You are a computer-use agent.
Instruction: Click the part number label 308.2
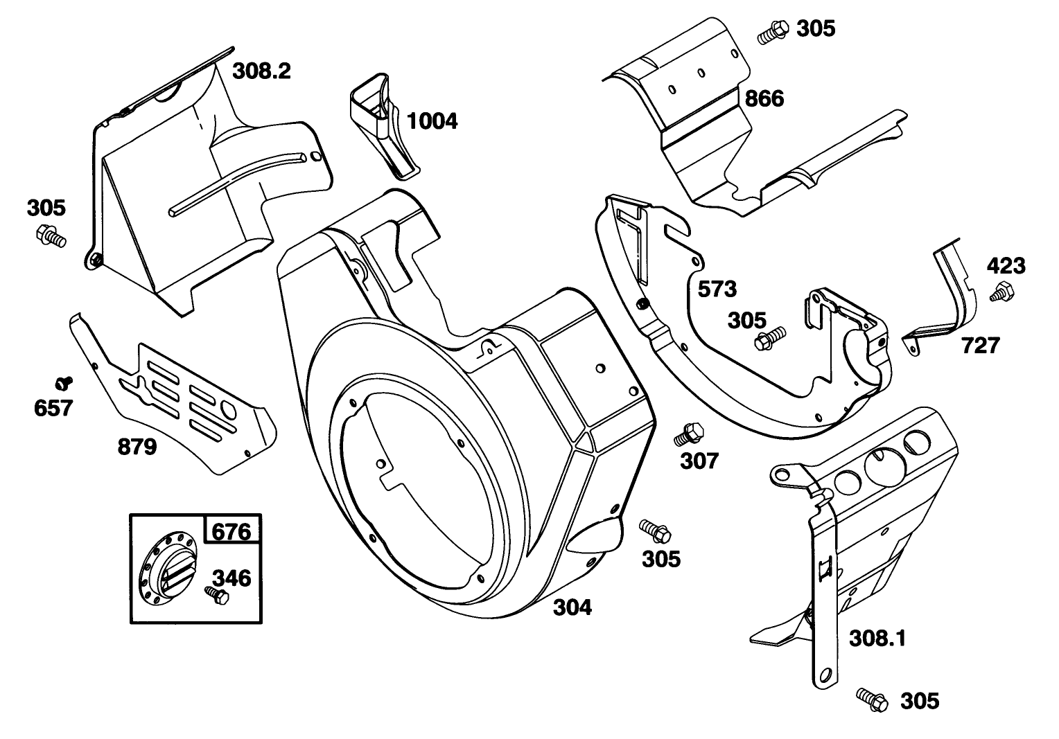pyautogui.click(x=261, y=71)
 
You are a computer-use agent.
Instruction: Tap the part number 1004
pyautogui.click(x=432, y=121)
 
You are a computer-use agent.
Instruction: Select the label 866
pyautogui.click(x=764, y=99)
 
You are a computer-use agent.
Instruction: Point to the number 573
pyautogui.click(x=717, y=289)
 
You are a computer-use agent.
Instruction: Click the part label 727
pyautogui.click(x=980, y=345)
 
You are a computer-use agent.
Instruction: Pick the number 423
pyautogui.click(x=1006, y=265)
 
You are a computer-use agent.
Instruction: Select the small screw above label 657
pyautogui.click(x=65, y=381)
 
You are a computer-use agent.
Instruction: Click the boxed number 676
pyautogui.click(x=231, y=532)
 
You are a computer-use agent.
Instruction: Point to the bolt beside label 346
pyautogui.click(x=216, y=595)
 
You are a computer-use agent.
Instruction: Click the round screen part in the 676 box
pyautogui.click(x=167, y=569)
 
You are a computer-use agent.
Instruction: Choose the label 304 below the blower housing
pyautogui.click(x=572, y=607)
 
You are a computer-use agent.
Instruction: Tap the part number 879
pyautogui.click(x=137, y=447)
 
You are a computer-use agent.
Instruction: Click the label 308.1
pyautogui.click(x=877, y=638)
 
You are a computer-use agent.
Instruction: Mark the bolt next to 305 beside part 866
pyautogui.click(x=772, y=33)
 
